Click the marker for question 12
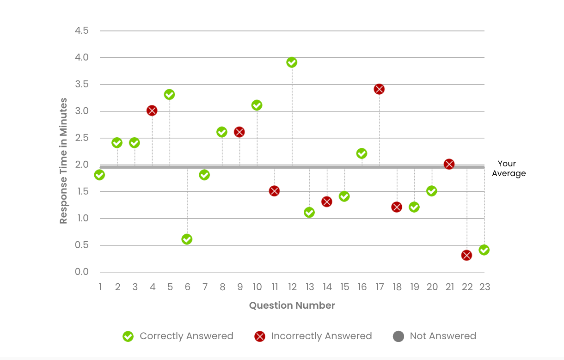[x=292, y=62]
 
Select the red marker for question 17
[x=379, y=89]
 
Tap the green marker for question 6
[x=187, y=239]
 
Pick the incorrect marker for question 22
[x=466, y=255]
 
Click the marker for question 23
[x=484, y=250]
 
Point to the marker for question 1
[x=99, y=175]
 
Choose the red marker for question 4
[x=152, y=110]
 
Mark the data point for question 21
[x=449, y=164]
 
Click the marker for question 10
[x=257, y=105]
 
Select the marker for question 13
[x=309, y=213]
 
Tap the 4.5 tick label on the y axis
[x=81, y=31]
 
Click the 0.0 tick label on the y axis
[x=81, y=272]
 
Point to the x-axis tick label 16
[x=362, y=287]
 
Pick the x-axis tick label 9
[x=240, y=287]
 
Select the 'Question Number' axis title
[x=292, y=305]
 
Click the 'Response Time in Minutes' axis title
[x=63, y=161]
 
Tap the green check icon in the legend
[x=128, y=336]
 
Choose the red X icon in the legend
[x=260, y=336]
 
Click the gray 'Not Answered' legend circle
[x=398, y=336]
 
